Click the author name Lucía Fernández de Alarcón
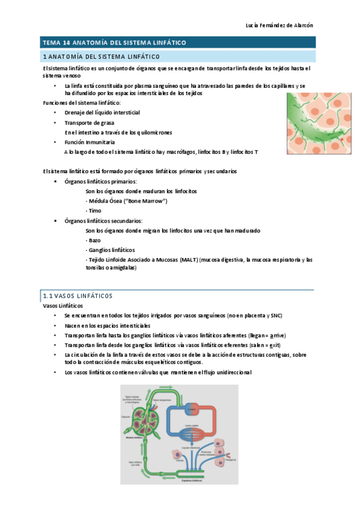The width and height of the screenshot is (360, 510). [280, 25]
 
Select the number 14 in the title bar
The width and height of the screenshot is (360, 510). [69, 43]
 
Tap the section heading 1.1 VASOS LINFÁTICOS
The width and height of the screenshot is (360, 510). [78, 296]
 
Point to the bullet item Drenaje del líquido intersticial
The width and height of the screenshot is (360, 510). [102, 112]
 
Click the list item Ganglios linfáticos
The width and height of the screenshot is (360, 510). [111, 250]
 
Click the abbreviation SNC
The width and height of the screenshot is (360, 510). [275, 316]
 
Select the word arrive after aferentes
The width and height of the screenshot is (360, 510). [277, 336]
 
